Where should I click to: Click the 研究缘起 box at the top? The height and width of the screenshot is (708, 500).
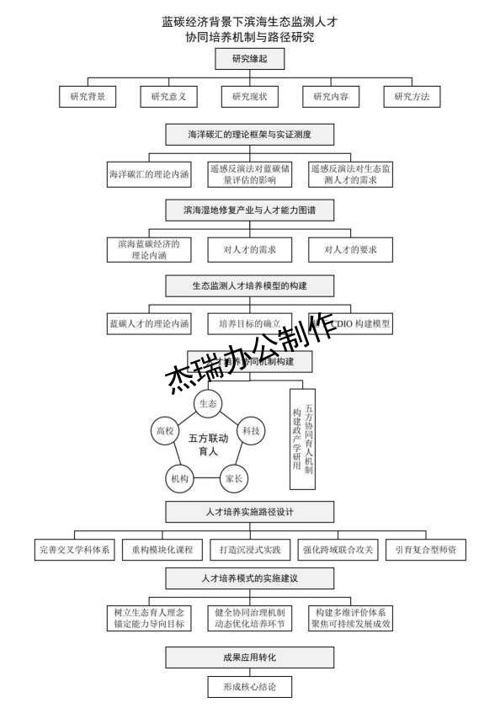(250, 59)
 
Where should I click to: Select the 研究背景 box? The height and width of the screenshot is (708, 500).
(88, 97)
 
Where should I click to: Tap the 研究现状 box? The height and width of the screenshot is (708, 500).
(250, 97)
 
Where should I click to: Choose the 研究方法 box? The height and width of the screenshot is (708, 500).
(412, 97)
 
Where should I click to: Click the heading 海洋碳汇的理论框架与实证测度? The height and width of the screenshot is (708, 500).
(250, 134)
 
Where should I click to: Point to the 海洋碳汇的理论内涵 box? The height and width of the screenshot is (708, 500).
(148, 175)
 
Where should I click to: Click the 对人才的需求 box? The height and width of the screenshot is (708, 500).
(250, 249)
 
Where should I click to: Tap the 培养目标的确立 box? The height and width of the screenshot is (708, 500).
(250, 323)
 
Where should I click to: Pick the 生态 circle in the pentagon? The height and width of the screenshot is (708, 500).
(208, 405)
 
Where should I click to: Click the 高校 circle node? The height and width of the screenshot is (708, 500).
(164, 431)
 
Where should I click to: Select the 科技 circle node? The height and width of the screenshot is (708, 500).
(251, 431)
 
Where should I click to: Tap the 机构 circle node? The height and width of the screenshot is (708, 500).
(179, 479)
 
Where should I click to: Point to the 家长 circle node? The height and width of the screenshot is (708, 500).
(233, 479)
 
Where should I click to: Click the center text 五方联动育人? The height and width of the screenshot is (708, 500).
(208, 444)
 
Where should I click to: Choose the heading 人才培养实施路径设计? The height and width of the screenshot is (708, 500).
(250, 511)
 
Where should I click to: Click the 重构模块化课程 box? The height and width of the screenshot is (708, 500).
(162, 550)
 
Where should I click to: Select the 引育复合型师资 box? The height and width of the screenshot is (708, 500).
(426, 550)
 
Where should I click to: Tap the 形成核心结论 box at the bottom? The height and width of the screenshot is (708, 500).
(250, 687)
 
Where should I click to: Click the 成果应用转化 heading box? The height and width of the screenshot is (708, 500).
(250, 657)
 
